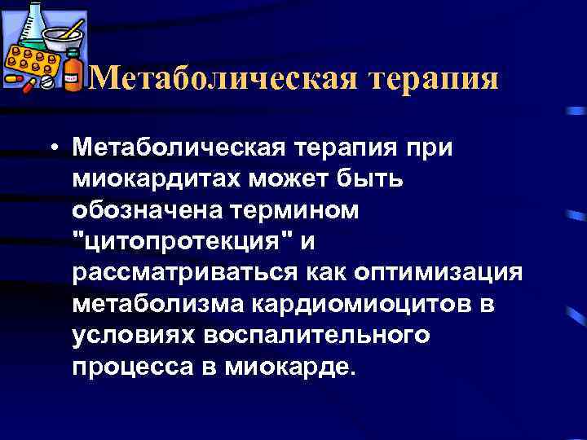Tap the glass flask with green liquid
point(25,24)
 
